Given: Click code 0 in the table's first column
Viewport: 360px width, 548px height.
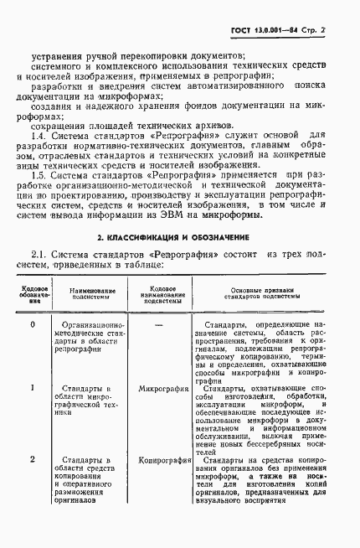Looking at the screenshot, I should coord(32,323).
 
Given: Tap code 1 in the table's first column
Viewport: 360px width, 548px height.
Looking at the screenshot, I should coord(32,388).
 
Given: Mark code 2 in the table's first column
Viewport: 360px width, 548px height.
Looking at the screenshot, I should coord(32,459).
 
